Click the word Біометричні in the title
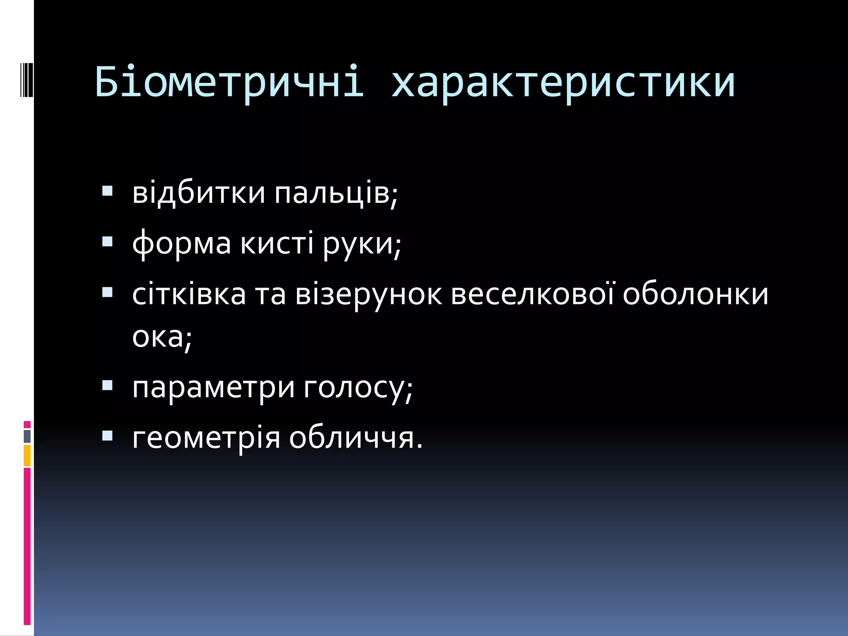click(x=229, y=82)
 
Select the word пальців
click(x=335, y=194)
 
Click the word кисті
click(x=277, y=243)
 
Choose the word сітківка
click(x=189, y=294)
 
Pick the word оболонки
click(x=695, y=294)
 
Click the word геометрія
click(x=206, y=438)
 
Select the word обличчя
click(x=355, y=438)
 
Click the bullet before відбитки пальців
click(x=107, y=190)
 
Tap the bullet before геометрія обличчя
click(x=107, y=436)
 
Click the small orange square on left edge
click(x=27, y=455)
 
